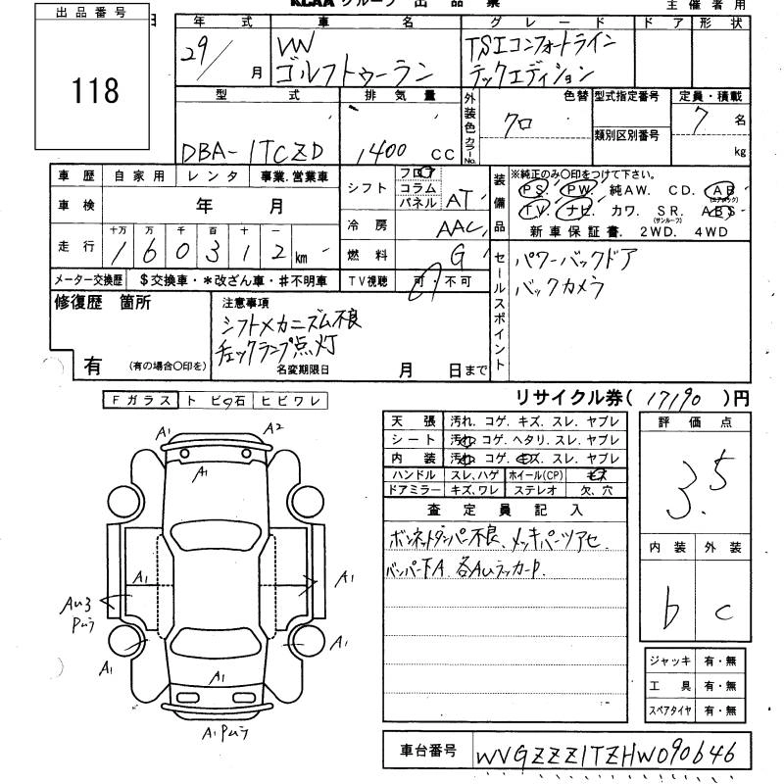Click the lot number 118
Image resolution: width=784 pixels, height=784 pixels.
pyautogui.click(x=95, y=91)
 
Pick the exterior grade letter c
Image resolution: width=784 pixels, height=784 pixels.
pyautogui.click(x=723, y=612)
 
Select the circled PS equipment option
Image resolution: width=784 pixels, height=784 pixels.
pyautogui.click(x=534, y=189)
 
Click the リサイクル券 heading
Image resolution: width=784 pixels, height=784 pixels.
pyautogui.click(x=560, y=398)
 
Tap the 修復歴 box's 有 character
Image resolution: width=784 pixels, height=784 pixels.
pyautogui.click(x=93, y=366)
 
